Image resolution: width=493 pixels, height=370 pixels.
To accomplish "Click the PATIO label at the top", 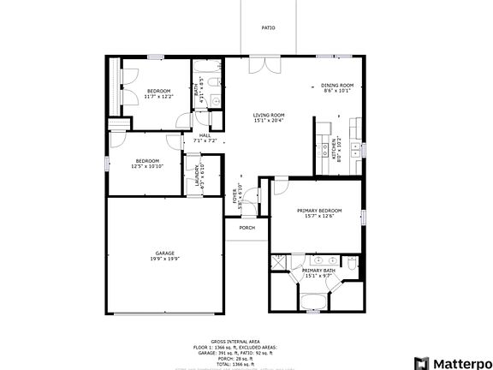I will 268,28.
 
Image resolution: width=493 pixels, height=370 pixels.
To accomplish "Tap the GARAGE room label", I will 165,254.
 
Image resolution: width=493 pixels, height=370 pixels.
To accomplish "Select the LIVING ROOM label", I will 269,115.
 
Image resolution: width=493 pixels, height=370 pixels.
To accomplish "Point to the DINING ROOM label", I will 336,85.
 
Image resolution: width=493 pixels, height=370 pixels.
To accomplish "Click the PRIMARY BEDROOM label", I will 319,211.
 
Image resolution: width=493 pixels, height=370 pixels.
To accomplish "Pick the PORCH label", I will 246,228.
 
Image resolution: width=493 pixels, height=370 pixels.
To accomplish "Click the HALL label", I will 205,134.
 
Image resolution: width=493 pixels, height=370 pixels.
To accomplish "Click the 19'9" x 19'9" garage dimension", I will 165,260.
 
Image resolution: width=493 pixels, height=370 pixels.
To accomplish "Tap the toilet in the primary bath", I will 352,266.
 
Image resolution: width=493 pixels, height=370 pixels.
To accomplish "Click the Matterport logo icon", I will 420,362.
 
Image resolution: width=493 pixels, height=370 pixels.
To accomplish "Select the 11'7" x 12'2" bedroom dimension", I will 157,97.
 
